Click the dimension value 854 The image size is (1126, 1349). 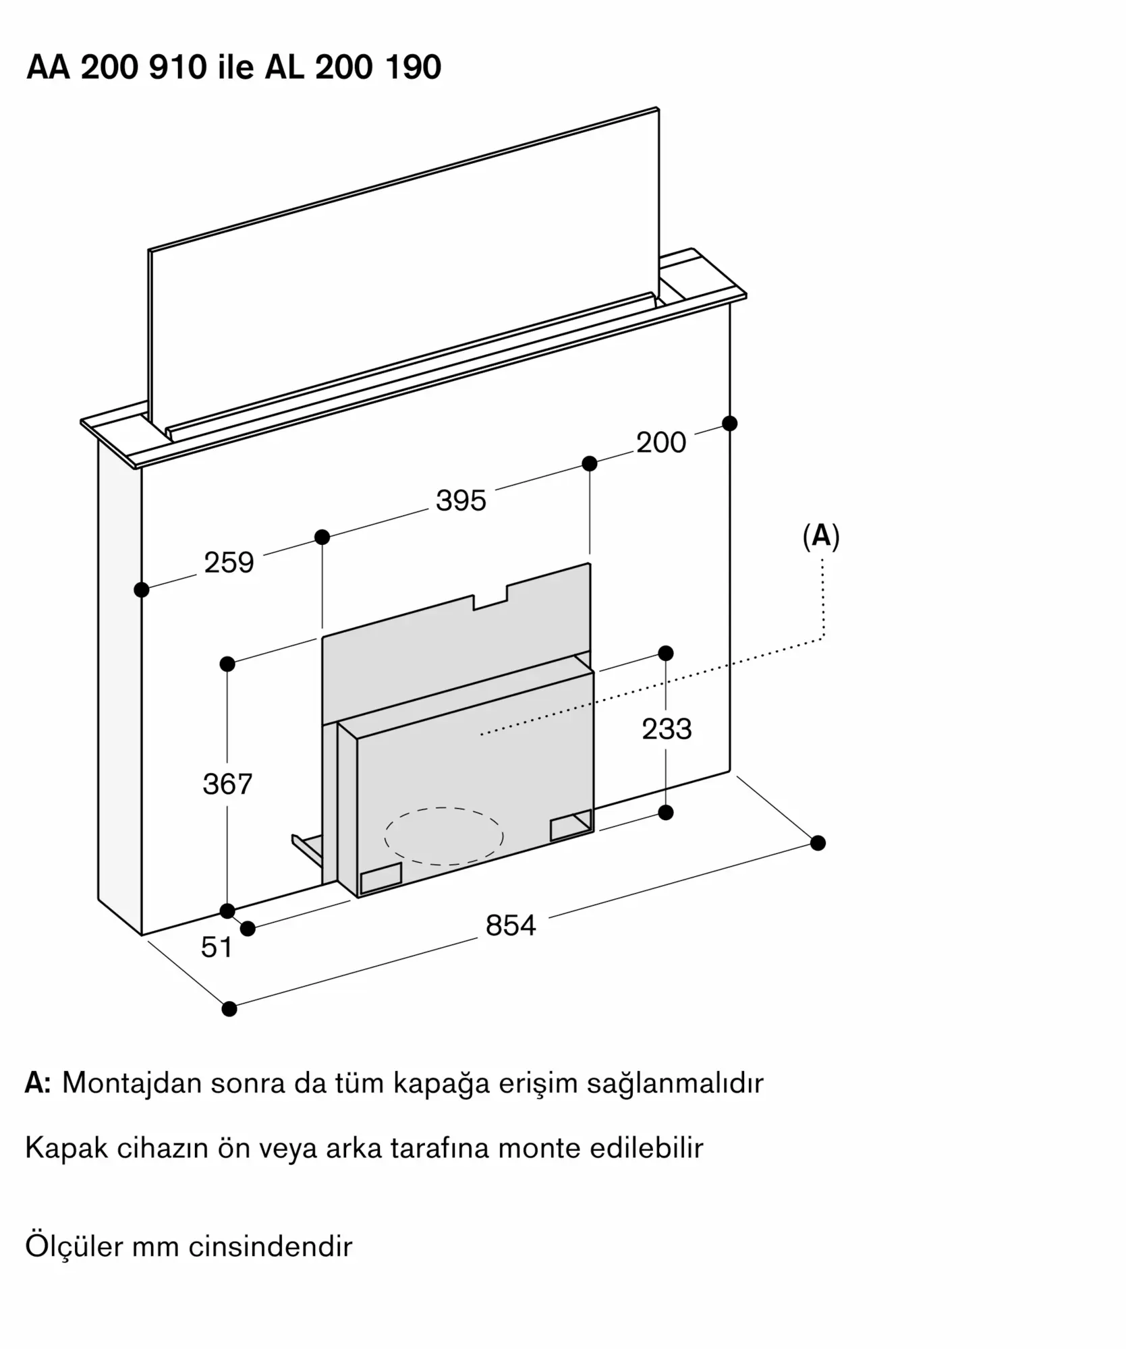(x=511, y=925)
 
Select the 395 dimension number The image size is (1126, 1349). (x=461, y=500)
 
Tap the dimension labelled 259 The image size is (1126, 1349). (x=229, y=563)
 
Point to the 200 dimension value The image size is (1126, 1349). (x=661, y=442)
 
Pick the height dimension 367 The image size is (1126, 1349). (x=227, y=784)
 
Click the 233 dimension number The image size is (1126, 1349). (x=667, y=729)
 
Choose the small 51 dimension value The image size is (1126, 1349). (x=217, y=948)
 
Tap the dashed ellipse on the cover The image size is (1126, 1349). (x=444, y=836)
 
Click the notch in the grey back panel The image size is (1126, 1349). (x=490, y=597)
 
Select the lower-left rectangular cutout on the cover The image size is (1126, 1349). (x=381, y=878)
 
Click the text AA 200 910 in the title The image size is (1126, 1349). (x=117, y=67)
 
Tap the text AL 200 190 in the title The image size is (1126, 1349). (x=354, y=67)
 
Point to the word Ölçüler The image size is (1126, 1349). (x=74, y=1246)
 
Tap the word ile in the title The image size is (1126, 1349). (x=235, y=67)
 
